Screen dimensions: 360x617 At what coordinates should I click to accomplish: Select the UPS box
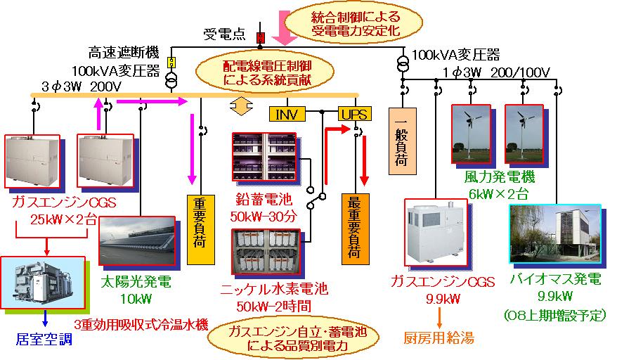click(353, 114)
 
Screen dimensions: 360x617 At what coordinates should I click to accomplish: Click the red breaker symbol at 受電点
click(259, 36)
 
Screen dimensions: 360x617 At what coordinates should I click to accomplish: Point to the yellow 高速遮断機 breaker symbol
click(170, 61)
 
